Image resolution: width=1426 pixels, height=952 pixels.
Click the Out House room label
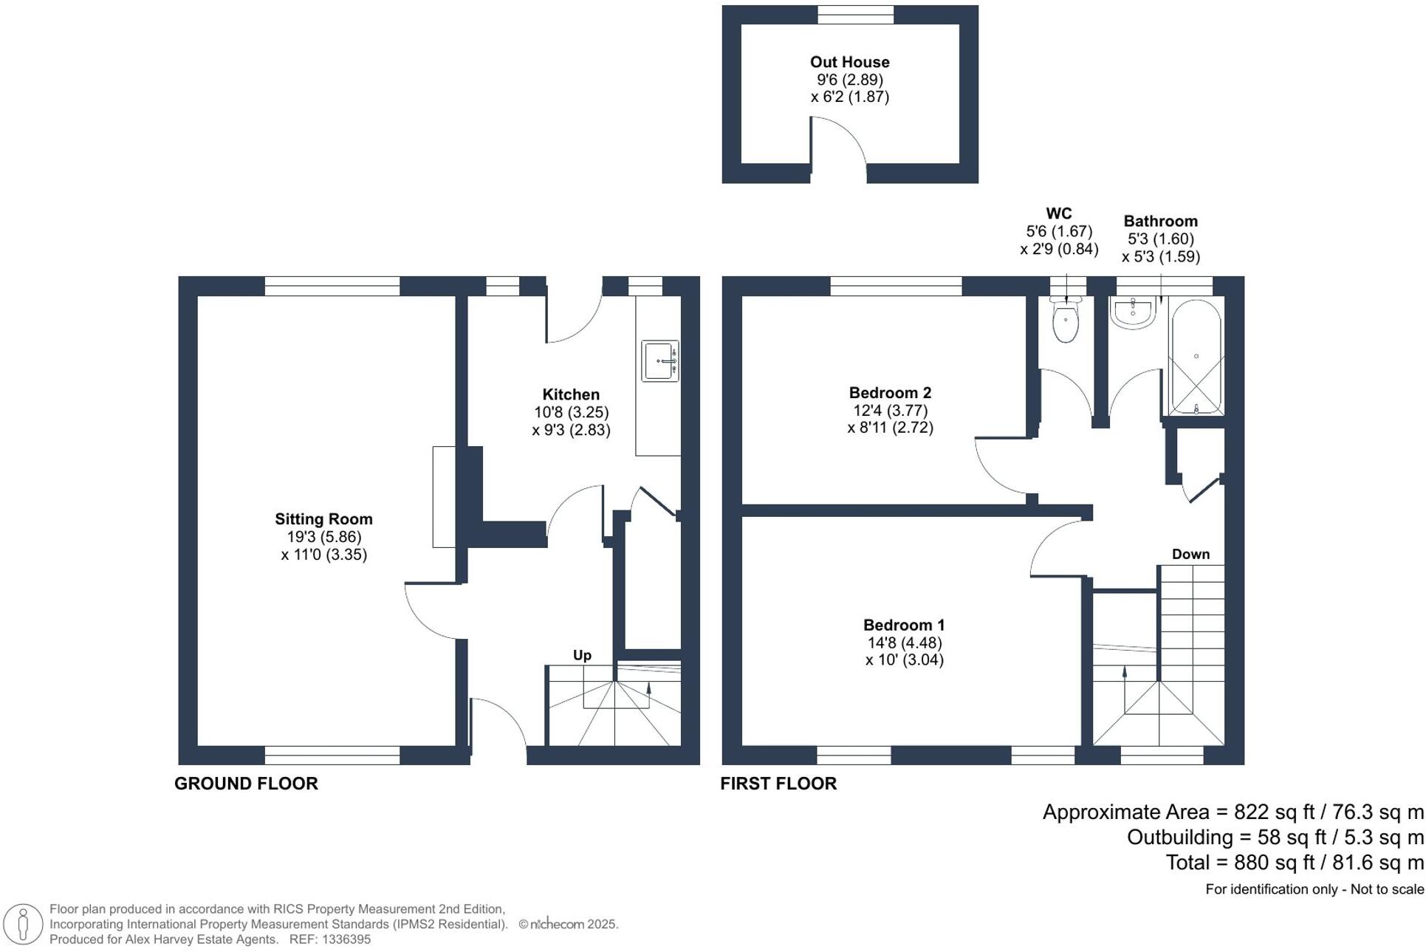[x=849, y=62]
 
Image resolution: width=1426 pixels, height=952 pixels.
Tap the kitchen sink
[x=660, y=361]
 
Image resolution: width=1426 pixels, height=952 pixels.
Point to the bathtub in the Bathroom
[x=1196, y=357]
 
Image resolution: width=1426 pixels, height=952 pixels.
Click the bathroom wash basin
[x=1133, y=312]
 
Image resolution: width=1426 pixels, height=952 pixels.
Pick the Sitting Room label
[x=323, y=519]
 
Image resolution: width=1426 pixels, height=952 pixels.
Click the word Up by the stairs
[x=582, y=655]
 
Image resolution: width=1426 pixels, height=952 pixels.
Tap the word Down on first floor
[x=1190, y=554]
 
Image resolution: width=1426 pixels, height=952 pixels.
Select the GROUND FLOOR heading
[x=246, y=784]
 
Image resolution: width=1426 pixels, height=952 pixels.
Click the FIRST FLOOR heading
[x=778, y=784]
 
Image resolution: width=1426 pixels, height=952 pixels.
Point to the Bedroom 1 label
[x=904, y=625]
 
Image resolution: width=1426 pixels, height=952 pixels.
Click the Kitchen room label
[x=571, y=394]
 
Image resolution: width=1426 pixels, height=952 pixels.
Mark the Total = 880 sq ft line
[x=1295, y=862]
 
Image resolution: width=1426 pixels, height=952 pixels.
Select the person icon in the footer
[x=23, y=924]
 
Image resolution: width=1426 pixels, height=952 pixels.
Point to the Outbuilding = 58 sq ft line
[x=1275, y=837]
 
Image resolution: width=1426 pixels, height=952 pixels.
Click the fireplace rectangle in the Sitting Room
[x=444, y=496]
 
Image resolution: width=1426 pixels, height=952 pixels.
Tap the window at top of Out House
[x=855, y=15]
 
